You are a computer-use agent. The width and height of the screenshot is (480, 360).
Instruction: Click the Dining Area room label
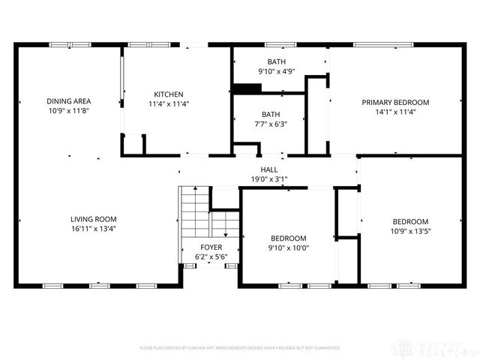[69, 101]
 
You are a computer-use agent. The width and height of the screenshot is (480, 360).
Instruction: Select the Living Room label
[93, 219]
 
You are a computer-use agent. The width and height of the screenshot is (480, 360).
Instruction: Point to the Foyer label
[211, 247]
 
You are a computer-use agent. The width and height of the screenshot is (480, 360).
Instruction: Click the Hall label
[269, 170]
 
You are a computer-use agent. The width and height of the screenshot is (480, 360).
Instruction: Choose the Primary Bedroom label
[395, 102]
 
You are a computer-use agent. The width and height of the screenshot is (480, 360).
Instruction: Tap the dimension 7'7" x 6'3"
[269, 124]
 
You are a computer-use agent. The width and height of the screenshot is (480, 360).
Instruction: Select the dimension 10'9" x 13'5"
[410, 231]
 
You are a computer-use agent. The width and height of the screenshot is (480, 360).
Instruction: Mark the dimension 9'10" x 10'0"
[289, 247]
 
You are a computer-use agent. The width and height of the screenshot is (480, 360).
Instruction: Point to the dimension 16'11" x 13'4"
[93, 229]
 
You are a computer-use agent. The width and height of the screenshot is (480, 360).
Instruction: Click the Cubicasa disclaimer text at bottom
[240, 348]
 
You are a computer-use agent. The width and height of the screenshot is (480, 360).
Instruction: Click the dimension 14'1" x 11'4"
[395, 112]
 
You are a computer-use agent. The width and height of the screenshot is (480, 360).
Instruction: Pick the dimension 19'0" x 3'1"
[269, 179]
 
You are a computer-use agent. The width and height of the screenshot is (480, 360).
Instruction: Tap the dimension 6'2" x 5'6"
[211, 256]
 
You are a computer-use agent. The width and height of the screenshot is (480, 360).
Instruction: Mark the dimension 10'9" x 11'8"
[69, 110]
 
